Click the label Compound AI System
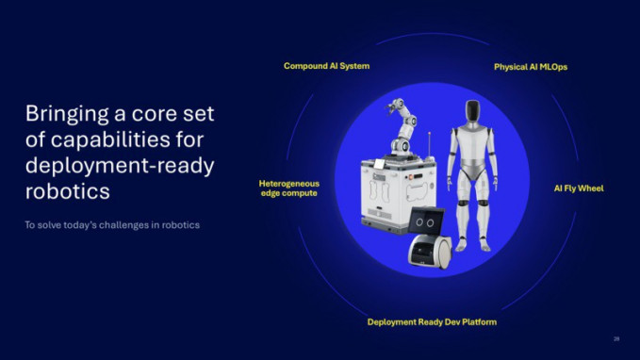(x=326, y=66)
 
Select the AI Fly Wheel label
(x=578, y=188)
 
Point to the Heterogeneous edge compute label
(x=288, y=188)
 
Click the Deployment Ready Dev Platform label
(x=432, y=322)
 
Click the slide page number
(x=616, y=338)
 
